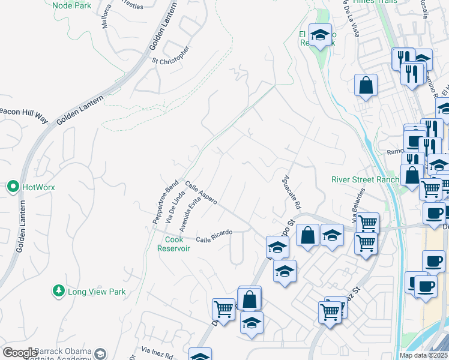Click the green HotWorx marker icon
(x=13, y=187)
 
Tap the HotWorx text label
(x=38, y=187)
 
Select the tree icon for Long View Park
(x=59, y=291)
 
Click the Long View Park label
(x=97, y=292)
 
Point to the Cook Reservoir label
(x=178, y=244)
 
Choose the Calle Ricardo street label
(x=214, y=233)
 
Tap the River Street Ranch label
(x=365, y=179)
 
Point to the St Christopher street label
(x=171, y=55)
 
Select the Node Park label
(x=71, y=5)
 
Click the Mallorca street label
(x=107, y=13)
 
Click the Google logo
(x=20, y=353)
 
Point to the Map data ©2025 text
(x=424, y=355)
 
